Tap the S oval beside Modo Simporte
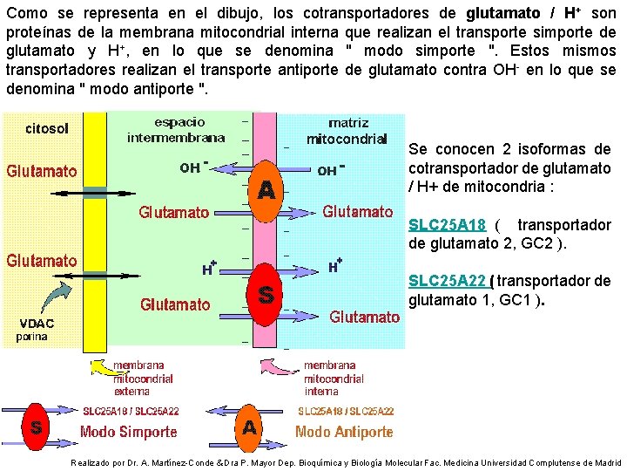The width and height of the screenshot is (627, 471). click(36, 427)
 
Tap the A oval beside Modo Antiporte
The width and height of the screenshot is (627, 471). click(249, 427)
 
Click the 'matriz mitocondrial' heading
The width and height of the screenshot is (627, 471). click(346, 131)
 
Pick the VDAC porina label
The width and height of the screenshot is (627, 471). click(38, 328)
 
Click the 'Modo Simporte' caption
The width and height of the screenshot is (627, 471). click(128, 431)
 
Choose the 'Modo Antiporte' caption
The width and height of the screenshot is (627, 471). click(343, 431)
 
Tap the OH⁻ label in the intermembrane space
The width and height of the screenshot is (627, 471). click(193, 168)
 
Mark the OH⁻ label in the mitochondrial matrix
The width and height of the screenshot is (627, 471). click(330, 170)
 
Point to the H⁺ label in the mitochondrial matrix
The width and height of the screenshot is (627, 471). click(334, 264)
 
